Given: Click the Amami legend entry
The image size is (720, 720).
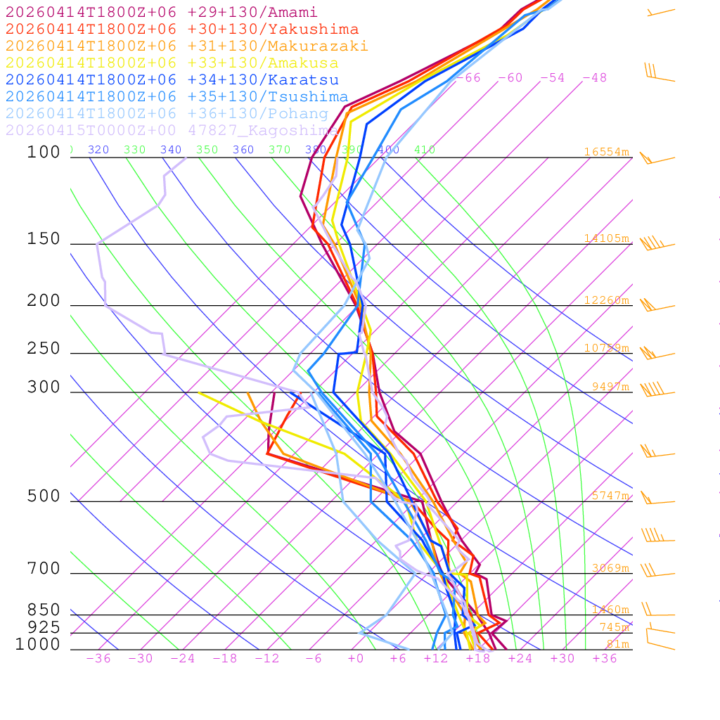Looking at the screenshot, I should click(162, 13).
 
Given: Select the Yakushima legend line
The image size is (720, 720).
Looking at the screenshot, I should click(182, 30).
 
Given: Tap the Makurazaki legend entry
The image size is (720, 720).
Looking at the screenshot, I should click(186, 46).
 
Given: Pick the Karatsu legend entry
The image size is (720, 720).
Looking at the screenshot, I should click(172, 80).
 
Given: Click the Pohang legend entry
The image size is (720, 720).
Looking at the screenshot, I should click(167, 114).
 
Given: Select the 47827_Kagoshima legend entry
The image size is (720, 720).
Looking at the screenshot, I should click(172, 131).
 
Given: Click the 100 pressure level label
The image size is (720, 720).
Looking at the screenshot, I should click(44, 153).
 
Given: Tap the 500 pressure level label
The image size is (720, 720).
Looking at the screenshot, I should click(44, 497).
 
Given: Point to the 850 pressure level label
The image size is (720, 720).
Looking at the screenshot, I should click(44, 610).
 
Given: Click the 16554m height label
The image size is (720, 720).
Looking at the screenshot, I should click(606, 152).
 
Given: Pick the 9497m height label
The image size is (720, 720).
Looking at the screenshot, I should click(610, 387).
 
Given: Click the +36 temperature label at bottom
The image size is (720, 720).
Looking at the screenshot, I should click(605, 659).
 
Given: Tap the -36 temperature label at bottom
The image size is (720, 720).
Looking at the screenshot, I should click(98, 659).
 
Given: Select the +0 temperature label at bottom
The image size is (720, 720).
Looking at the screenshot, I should click(356, 659).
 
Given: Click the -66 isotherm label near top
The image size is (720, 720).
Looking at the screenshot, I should click(468, 78).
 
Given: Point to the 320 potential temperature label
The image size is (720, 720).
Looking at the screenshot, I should click(98, 150).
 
